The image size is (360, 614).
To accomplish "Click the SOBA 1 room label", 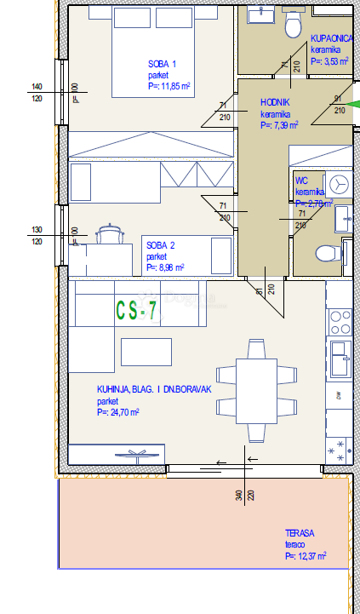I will pyautogui.click(x=162, y=64).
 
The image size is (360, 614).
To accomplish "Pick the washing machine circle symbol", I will pyautogui.click(x=340, y=183).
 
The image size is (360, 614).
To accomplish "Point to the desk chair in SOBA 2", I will pyautogui.click(x=109, y=232).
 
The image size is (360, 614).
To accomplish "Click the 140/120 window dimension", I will pyautogui.click(x=37, y=93).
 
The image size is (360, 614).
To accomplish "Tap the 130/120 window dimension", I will pyautogui.click(x=37, y=236).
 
